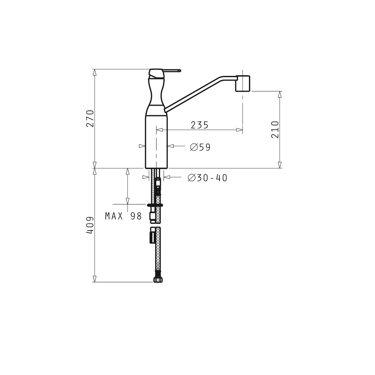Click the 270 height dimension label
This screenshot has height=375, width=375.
coord(90,118)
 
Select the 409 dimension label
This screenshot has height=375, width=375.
coord(90,225)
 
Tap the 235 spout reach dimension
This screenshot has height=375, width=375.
coord(200,125)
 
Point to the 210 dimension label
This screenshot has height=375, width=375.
coord(275,129)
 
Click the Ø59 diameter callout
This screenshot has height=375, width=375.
coord(200,147)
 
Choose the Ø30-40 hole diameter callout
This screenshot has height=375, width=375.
coord(207,178)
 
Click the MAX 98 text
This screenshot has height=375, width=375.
coord(124,216)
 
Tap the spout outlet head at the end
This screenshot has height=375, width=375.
coord(243,84)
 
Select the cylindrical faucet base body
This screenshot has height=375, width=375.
coord(157,142)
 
